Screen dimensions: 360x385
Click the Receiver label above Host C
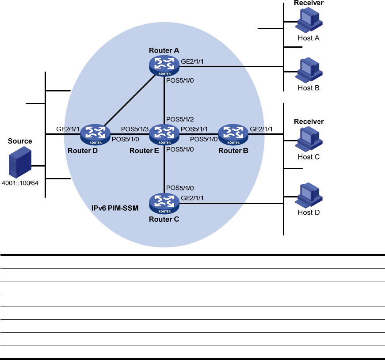(309, 121)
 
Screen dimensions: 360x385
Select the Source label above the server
(20, 141)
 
